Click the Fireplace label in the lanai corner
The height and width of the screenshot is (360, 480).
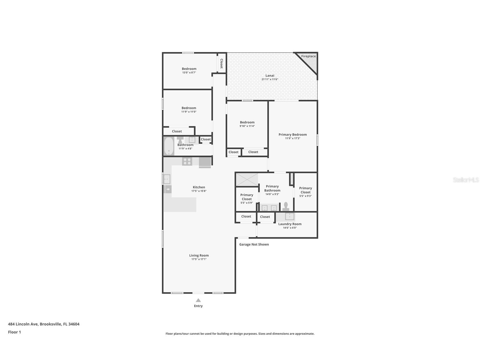[308, 56]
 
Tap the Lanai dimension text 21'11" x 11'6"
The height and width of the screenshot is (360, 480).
[270, 80]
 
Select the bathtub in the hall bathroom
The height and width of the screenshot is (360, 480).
[169, 146]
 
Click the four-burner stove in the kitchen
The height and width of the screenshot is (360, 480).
[187, 161]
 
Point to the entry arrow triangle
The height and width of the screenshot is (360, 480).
[198, 300]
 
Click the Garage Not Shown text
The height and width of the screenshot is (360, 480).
[254, 245]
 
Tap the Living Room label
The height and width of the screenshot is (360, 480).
[199, 256]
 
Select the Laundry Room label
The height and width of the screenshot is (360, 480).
[290, 224]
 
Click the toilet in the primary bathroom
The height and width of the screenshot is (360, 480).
[286, 206]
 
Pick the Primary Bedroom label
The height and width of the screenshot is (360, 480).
[292, 135]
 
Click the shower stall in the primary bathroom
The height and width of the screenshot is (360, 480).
[247, 180]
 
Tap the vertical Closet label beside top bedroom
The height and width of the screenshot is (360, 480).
[221, 63]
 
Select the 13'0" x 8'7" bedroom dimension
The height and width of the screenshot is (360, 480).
[189, 73]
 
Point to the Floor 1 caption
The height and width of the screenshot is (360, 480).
[14, 332]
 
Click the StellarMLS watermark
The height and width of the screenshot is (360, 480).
[466, 180]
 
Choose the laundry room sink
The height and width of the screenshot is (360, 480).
[289, 217]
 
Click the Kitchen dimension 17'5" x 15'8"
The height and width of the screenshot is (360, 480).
[199, 191]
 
